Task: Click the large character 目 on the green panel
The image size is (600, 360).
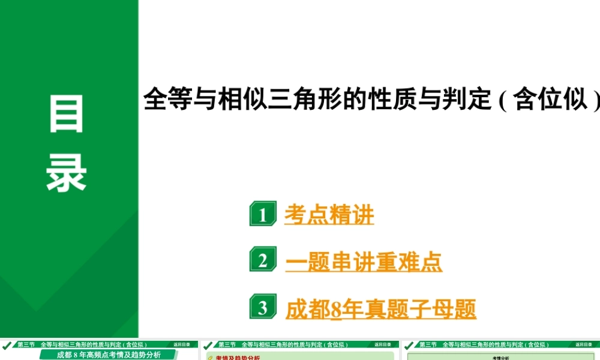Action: (x=67, y=114)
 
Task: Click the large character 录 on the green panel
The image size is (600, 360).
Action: (x=67, y=172)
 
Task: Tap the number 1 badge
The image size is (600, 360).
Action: (x=263, y=214)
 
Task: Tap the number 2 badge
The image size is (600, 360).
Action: (x=263, y=261)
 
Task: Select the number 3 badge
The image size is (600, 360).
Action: (x=263, y=308)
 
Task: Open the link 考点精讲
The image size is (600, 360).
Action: (x=329, y=215)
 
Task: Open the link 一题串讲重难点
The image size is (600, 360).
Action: (x=364, y=262)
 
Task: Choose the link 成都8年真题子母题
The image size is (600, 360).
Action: (x=380, y=309)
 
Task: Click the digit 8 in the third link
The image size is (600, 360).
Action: (x=336, y=310)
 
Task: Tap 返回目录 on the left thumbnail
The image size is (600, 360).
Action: (x=182, y=345)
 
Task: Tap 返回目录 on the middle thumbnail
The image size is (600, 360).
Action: (x=383, y=345)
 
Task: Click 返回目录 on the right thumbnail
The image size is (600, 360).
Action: (x=584, y=345)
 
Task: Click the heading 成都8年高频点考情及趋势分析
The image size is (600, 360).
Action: (x=109, y=355)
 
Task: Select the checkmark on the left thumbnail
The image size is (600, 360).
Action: (x=7, y=346)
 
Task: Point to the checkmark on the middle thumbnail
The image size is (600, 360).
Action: (x=208, y=346)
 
